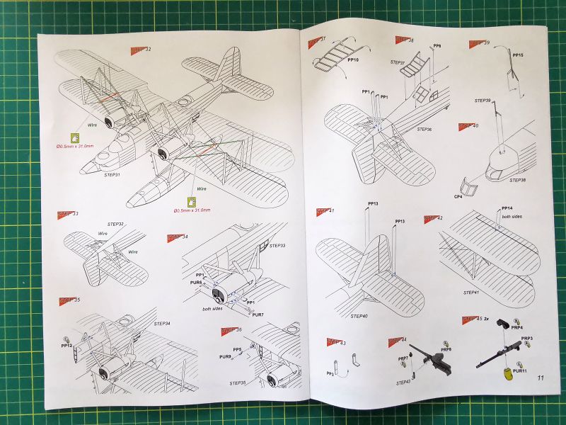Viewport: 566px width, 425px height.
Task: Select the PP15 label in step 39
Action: (518, 55)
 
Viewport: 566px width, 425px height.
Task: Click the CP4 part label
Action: (458, 196)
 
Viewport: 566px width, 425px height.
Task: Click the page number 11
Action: (540, 380)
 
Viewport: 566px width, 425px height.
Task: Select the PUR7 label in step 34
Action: (258, 314)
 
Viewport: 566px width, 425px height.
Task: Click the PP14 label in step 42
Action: (507, 208)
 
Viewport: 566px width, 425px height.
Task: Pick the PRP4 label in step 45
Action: (516, 327)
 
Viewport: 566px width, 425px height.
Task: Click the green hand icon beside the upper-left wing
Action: (74, 137)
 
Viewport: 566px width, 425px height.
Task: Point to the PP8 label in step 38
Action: (437, 46)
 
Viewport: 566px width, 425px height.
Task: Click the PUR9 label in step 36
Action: (226, 356)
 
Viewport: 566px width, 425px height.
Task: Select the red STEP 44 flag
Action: (397, 341)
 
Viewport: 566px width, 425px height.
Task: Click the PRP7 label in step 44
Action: (403, 359)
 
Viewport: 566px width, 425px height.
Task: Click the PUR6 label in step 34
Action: (197, 283)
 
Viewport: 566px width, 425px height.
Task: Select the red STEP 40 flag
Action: (468, 126)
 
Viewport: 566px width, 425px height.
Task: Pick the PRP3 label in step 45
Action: (526, 339)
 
